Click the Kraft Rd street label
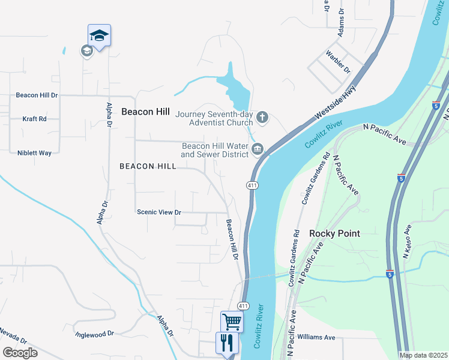(x=34, y=119)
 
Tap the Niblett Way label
(x=34, y=153)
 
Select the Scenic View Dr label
(x=159, y=212)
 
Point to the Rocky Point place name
(x=334, y=233)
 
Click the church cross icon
(x=262, y=116)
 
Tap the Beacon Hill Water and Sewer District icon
(x=258, y=149)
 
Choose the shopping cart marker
(x=232, y=320)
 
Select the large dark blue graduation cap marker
(x=99, y=35)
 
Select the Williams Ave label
(x=316, y=337)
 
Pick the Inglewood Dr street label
(x=94, y=333)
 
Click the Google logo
(x=20, y=352)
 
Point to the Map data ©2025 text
(x=423, y=355)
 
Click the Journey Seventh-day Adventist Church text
(x=214, y=118)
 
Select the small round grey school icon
(x=86, y=50)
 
